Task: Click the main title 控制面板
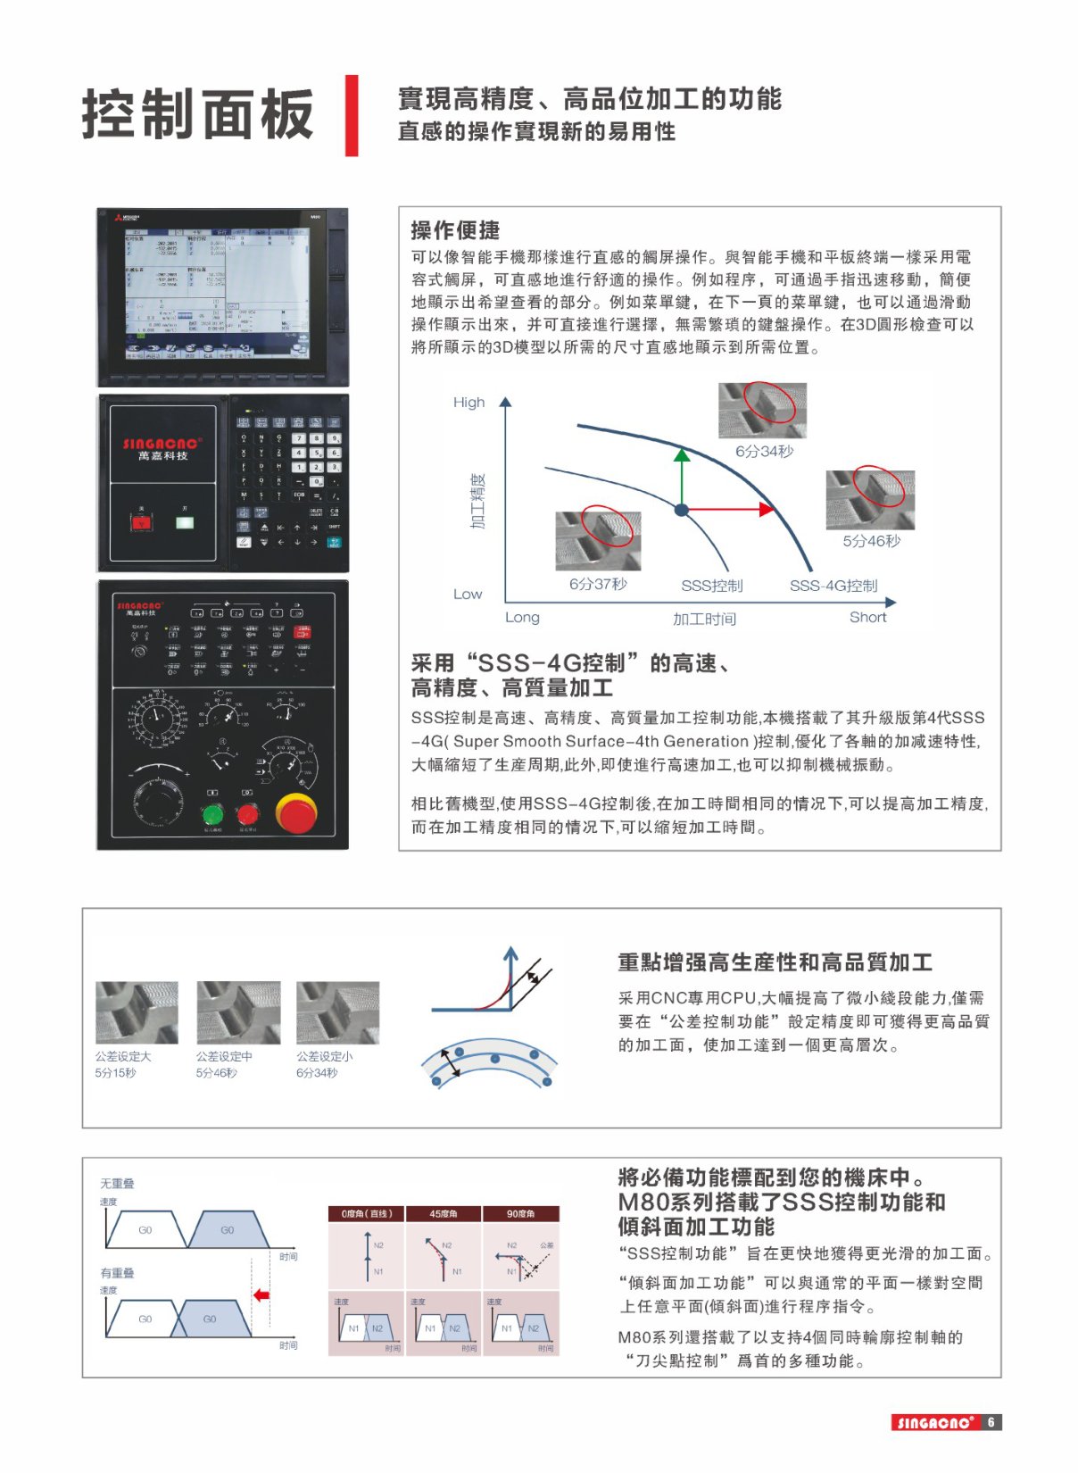197,115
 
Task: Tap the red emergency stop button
295,811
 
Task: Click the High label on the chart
469,403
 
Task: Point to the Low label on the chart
467,595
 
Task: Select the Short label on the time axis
867,618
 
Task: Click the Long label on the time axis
522,618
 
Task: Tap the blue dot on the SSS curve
682,510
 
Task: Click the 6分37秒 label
598,584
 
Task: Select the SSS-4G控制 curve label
833,587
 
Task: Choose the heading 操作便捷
455,230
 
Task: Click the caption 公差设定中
224,1056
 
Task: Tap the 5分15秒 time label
115,1073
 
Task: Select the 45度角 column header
444,1214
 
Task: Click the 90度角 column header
520,1214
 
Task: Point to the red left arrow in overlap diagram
261,1294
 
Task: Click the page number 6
991,1422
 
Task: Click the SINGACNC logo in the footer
934,1422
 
